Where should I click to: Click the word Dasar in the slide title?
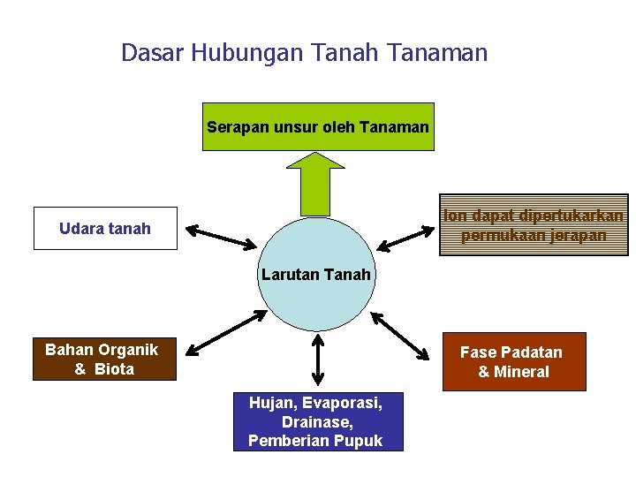pos(149,53)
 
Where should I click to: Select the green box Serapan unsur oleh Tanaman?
pos(318,127)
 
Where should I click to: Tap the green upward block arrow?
pos(317,182)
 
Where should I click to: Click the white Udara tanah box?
pos(105,229)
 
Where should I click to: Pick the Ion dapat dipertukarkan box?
pos(534,225)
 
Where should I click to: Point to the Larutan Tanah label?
pos(316,275)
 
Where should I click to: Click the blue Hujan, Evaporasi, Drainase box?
pos(318,421)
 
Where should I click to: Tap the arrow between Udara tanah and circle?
pos(222,237)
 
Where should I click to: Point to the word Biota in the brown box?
pos(114,369)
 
